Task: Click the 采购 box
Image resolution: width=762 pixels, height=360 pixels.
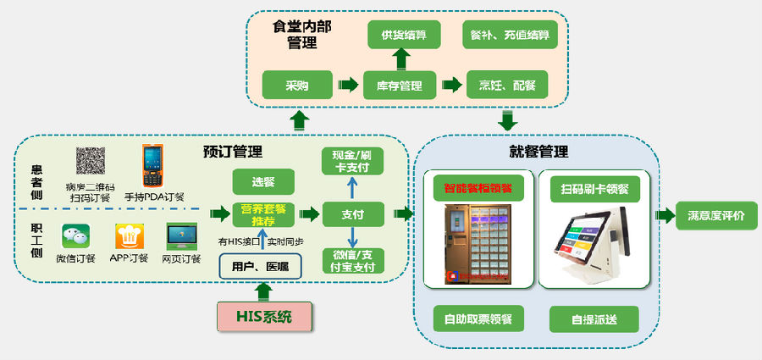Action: tap(295, 85)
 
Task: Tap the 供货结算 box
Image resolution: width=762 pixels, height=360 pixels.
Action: tap(402, 35)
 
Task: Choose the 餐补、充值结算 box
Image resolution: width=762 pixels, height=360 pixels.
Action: tap(509, 35)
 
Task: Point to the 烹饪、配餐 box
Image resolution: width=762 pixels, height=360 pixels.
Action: tap(507, 85)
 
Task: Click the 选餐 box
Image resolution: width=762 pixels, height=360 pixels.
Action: tap(262, 181)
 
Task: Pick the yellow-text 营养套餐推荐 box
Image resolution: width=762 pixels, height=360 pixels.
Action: tap(262, 214)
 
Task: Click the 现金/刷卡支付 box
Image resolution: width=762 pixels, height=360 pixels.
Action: tap(352, 161)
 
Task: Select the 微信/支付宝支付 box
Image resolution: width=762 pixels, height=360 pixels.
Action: tap(352, 261)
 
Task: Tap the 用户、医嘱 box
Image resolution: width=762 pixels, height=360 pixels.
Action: tap(260, 266)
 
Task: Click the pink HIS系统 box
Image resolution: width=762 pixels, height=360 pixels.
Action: tap(262, 318)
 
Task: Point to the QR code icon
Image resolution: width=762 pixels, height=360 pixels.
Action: tap(91, 161)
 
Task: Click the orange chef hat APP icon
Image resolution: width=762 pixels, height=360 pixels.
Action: tap(129, 235)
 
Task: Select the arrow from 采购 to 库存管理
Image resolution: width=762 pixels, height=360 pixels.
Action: tap(347, 85)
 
